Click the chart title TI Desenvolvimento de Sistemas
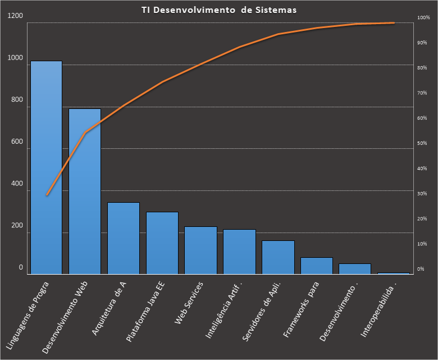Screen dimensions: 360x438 point(219,10)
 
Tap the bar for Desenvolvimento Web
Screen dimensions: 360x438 point(85,191)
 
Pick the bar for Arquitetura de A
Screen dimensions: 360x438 point(124,238)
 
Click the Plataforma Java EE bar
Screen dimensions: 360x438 point(162,243)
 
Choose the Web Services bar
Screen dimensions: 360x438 point(200,250)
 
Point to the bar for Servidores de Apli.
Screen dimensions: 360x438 point(278,257)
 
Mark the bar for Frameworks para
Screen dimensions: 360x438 point(317,266)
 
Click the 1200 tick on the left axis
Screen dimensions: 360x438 point(16,16)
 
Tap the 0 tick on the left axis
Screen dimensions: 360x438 point(21,268)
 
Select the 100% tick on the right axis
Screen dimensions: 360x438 point(423,18)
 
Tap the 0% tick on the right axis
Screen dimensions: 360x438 point(421,269)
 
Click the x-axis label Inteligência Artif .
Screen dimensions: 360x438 point(224,309)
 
